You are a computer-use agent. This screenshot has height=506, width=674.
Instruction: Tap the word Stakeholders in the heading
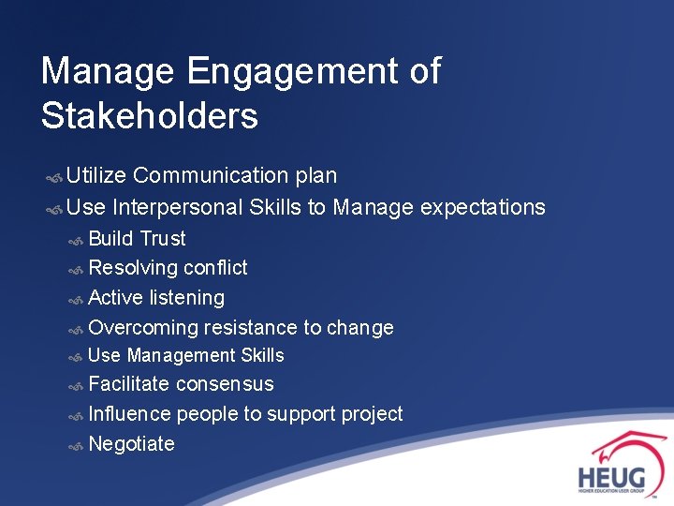(x=149, y=116)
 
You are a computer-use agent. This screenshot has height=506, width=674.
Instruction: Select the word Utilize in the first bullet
(x=96, y=175)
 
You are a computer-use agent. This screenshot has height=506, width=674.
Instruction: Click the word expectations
(x=483, y=207)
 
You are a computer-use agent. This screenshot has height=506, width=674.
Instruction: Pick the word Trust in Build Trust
(x=163, y=239)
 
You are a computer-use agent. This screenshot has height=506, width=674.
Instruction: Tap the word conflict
(x=215, y=268)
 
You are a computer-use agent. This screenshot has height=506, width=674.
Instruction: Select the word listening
(x=187, y=298)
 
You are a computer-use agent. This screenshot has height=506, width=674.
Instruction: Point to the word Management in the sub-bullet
(x=181, y=355)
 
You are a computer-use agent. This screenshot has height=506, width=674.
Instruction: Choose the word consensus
(x=225, y=384)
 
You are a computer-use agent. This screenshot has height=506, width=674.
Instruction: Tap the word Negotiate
(x=131, y=444)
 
